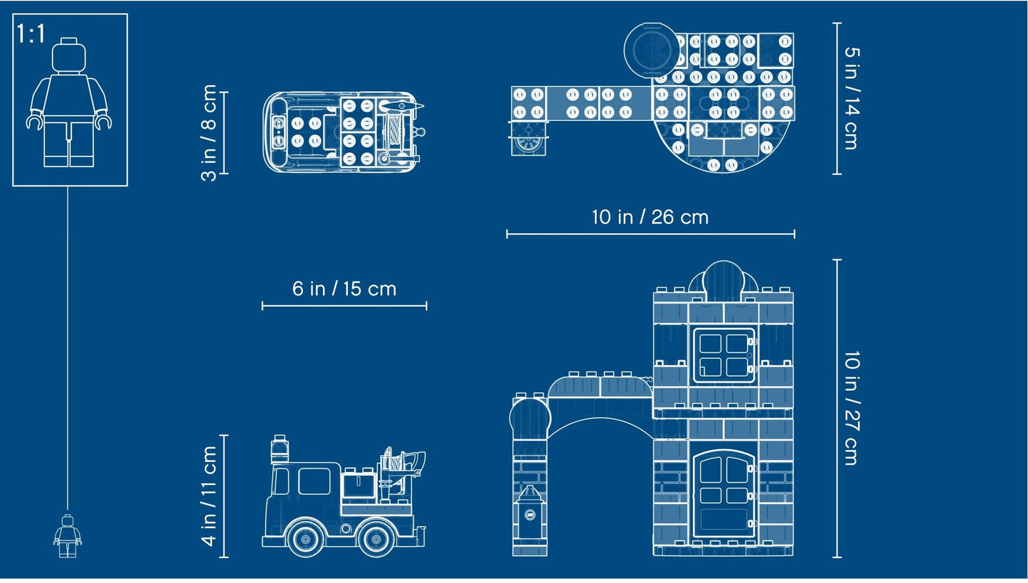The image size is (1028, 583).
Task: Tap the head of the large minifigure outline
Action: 69,55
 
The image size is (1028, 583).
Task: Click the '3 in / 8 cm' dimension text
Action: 209,133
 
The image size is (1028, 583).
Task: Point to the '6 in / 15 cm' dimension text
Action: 344,289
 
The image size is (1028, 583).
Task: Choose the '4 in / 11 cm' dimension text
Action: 209,496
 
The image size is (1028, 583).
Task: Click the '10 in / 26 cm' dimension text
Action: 650,217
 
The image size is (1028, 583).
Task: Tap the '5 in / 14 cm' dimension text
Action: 851,98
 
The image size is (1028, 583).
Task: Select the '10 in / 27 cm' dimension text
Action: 851,408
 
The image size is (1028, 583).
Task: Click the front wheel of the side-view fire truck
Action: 307,538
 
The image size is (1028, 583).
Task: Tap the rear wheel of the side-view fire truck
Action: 376,538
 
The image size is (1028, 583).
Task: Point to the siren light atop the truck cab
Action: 280,448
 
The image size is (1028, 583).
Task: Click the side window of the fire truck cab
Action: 314,481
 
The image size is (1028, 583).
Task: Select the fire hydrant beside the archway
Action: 528,522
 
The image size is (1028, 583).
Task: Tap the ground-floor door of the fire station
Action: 724,493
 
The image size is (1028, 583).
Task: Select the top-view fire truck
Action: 344,132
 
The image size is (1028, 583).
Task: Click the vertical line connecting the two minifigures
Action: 68,348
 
